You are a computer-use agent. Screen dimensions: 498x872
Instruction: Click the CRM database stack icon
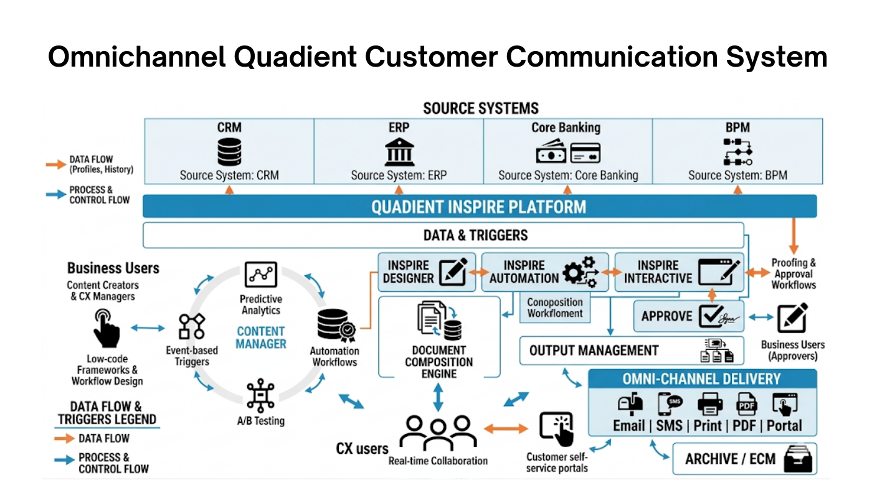coord(229,152)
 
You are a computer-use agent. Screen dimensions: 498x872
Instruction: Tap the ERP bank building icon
coord(399,152)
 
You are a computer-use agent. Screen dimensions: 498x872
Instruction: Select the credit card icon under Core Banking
coord(585,153)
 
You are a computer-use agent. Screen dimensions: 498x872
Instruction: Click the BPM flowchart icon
coord(737,152)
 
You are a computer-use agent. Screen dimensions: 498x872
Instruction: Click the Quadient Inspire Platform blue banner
coord(479,207)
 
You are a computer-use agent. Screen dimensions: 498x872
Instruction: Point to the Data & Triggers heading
coord(475,235)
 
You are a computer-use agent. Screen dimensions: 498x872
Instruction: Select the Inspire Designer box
coord(426,272)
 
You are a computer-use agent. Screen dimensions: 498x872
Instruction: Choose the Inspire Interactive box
coord(678,272)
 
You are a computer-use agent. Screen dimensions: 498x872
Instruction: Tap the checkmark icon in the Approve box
coord(711,316)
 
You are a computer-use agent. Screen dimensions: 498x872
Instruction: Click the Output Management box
coord(631,350)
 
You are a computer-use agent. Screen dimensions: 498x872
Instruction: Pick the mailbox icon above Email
coord(630,405)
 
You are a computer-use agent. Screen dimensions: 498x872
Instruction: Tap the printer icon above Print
coord(710,405)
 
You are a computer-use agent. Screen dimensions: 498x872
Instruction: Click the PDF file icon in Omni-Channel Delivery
coord(746,405)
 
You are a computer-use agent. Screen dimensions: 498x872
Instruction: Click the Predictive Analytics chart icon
coord(260,275)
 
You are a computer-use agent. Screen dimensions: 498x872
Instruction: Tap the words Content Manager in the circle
coord(261,337)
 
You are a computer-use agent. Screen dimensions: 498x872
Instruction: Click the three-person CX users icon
coord(437,432)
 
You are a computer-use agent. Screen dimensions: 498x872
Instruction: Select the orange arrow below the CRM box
coord(229,189)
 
